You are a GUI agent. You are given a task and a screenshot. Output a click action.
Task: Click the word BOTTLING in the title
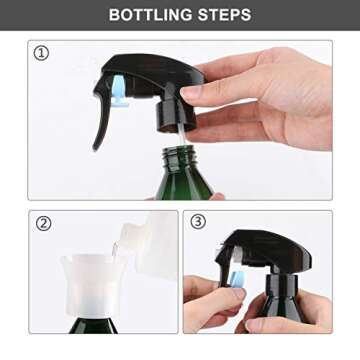(149, 15)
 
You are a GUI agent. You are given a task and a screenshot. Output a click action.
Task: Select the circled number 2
(43, 223)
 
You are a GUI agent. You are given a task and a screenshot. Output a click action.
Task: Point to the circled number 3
(199, 223)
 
